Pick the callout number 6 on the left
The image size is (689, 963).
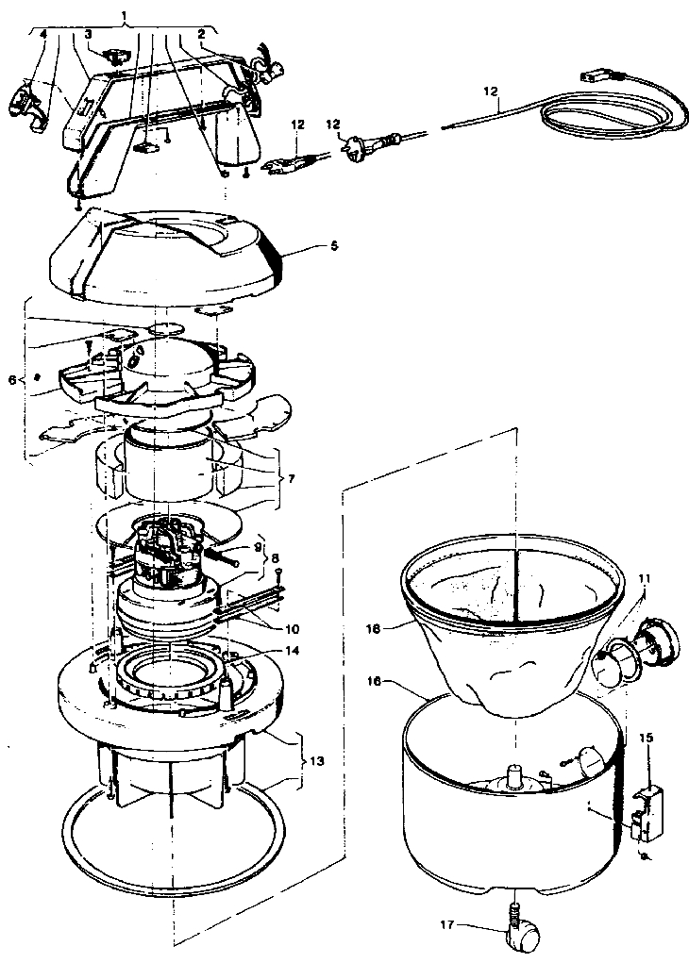[x=10, y=380]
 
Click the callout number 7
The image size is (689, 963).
[x=292, y=479]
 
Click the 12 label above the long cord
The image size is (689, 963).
[x=489, y=91]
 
